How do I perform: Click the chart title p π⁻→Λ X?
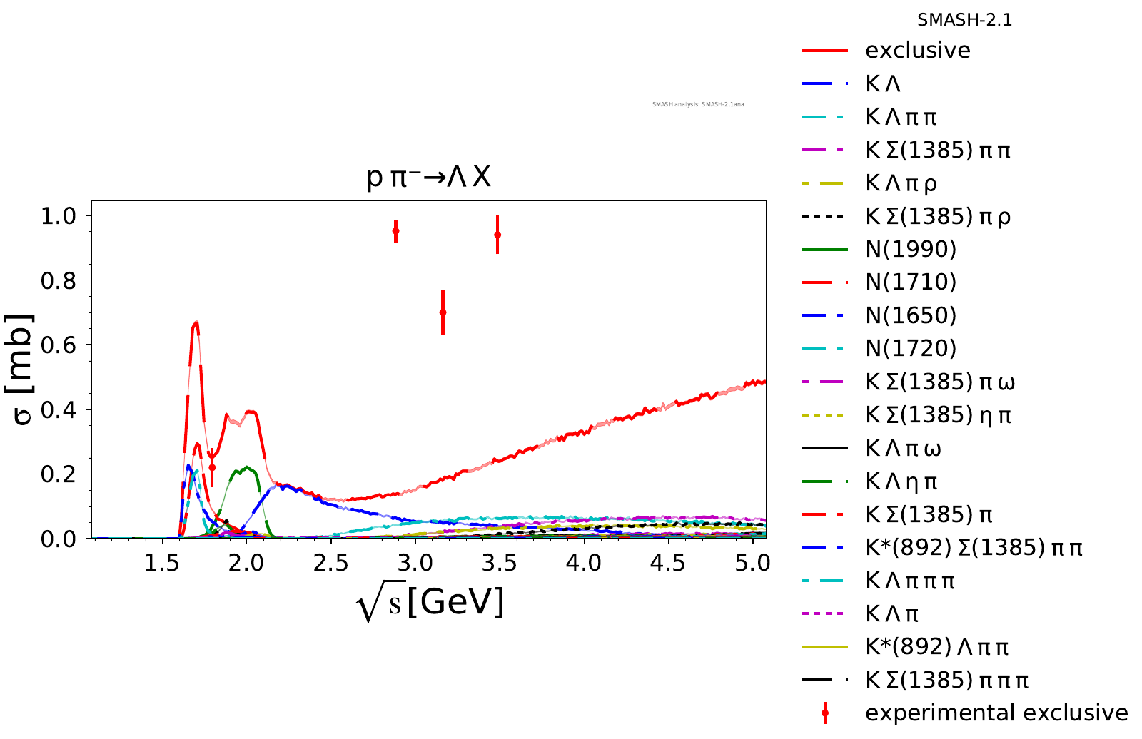click(429, 177)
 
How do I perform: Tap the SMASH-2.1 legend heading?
click(964, 20)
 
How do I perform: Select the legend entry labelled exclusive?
click(917, 51)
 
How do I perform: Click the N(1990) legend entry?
click(910, 249)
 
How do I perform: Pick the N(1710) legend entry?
click(910, 282)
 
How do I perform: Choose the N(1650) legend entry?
click(910, 315)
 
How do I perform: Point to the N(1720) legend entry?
click(910, 348)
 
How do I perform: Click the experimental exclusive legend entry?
click(996, 713)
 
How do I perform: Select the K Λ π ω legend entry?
click(903, 448)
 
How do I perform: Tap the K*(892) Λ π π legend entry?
click(936, 646)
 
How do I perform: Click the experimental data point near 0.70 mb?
click(443, 312)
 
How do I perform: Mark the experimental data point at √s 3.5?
click(497, 235)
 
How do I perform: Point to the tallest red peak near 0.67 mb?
click(196, 323)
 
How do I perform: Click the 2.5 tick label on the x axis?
click(330, 564)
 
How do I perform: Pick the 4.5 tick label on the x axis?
click(667, 564)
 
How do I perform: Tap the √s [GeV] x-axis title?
click(430, 603)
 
